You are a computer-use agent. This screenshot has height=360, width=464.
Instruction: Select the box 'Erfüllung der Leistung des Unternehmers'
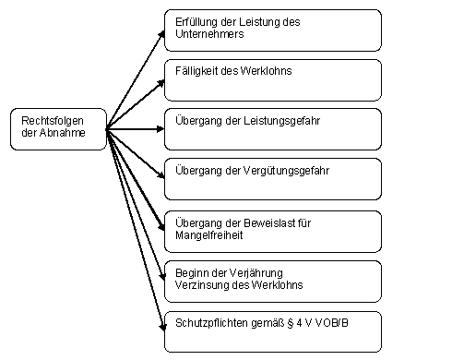coord(272,30)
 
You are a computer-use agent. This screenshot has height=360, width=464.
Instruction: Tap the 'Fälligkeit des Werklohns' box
coord(272,80)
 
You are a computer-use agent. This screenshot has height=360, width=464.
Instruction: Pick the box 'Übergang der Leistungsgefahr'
coord(272,130)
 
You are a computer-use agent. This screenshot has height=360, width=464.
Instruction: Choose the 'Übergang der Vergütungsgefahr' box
coord(272,179)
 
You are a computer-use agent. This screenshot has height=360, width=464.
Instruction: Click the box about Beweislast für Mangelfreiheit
coord(272,230)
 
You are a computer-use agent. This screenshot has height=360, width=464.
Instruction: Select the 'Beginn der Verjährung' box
coord(272,280)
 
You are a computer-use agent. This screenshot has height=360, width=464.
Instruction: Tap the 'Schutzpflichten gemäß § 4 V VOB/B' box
coord(272,330)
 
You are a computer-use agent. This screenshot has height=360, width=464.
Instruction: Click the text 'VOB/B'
coord(319,321)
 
